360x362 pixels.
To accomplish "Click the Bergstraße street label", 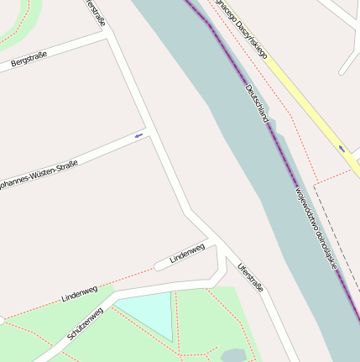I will coord(29,59).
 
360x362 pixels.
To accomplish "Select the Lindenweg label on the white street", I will coord(187,253).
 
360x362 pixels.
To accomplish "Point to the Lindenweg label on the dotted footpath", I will coord(79,294).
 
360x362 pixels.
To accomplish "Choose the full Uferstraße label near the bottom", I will coord(250,276).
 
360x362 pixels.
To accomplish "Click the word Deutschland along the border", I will coord(257,104).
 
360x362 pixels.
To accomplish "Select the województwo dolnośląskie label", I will coord(315,228).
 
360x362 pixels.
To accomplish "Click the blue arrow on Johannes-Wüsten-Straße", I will coord(139,135).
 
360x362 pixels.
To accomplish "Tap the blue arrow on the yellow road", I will coord(342,149).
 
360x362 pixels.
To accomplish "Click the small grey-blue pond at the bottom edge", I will coord(232,355).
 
